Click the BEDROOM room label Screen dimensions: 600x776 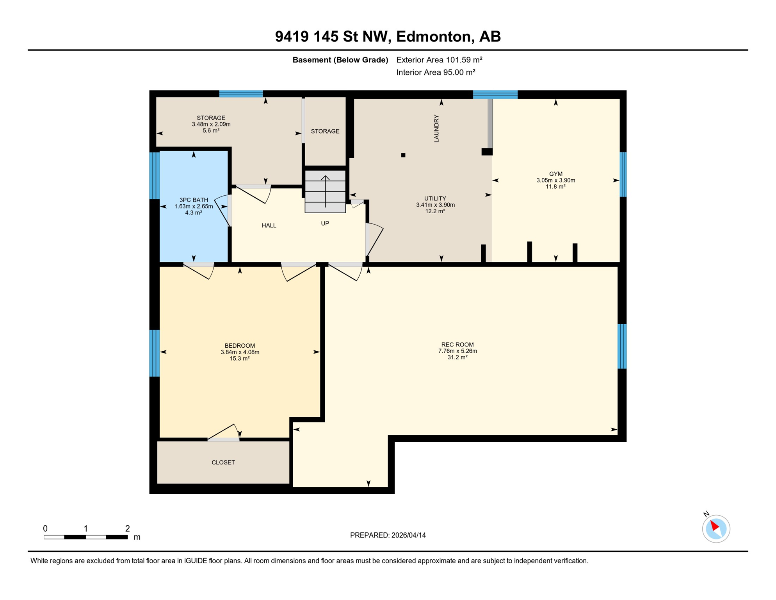[x=240, y=346]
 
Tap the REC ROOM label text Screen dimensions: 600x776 [x=457, y=345]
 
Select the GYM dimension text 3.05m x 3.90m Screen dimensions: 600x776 [x=555, y=180]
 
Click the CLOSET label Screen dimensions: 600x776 [x=223, y=462]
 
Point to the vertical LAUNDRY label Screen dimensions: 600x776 [x=436, y=129]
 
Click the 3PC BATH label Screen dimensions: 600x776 [x=194, y=200]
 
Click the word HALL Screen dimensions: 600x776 [x=269, y=225]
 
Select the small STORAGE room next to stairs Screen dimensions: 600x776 [x=325, y=131]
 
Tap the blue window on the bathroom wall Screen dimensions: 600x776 [x=155, y=176]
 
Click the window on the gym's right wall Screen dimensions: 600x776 [x=623, y=174]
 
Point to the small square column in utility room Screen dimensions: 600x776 [x=403, y=155]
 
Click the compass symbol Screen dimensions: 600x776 [x=716, y=529]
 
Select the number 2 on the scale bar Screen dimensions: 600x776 [x=127, y=529]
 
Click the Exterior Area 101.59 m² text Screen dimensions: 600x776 [x=439, y=60]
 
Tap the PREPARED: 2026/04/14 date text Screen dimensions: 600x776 [x=388, y=535]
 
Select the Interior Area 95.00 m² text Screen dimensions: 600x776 [x=436, y=72]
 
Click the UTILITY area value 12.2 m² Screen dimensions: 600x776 [x=435, y=211]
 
